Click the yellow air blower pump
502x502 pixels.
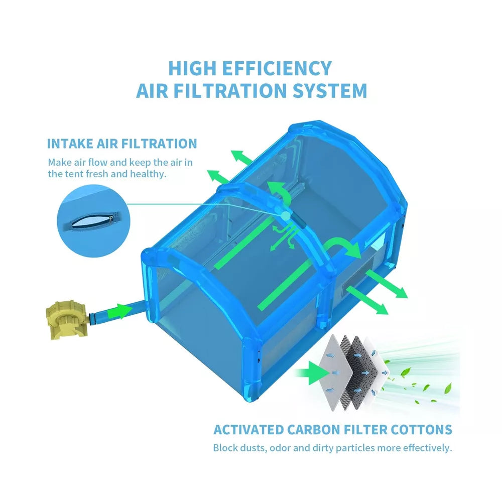(x=67, y=319)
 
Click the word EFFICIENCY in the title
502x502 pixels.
(x=277, y=68)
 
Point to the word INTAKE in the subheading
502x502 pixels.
(x=70, y=144)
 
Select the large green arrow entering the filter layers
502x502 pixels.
(x=312, y=373)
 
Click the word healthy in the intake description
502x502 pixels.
(x=148, y=174)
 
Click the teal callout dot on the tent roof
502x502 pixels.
(x=286, y=216)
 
